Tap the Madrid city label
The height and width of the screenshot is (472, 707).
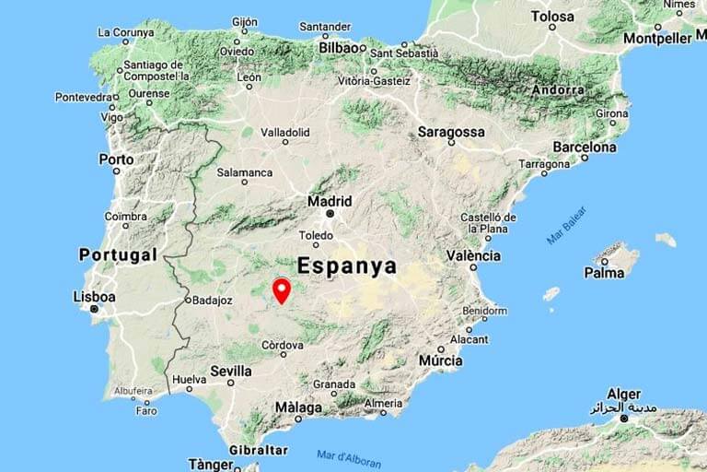(330, 201)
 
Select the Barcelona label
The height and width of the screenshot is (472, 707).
(585, 147)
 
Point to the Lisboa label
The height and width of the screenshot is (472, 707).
(94, 297)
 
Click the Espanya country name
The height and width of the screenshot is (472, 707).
(347, 266)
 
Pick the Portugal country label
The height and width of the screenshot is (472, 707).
(118, 254)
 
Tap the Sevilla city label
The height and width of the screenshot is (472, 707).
(230, 371)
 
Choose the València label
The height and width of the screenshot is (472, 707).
(473, 255)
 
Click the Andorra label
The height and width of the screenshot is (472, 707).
(558, 90)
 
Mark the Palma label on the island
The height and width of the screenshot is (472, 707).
(604, 272)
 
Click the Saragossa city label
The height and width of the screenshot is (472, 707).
(451, 132)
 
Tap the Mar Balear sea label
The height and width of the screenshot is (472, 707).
(566, 225)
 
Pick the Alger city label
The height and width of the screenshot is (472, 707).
(623, 395)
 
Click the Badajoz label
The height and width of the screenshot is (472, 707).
(212, 300)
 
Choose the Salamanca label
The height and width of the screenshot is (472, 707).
(244, 172)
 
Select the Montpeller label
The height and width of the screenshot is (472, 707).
(657, 39)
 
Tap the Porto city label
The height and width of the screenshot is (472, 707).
(116, 159)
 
